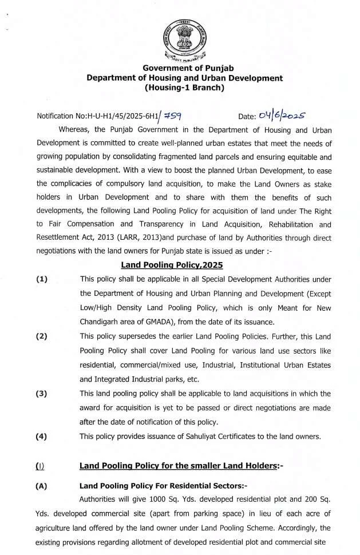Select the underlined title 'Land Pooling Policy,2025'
click(172, 265)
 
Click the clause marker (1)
click(42, 279)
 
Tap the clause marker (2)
click(42, 336)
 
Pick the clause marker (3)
click(42, 394)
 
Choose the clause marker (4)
click(42, 437)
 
